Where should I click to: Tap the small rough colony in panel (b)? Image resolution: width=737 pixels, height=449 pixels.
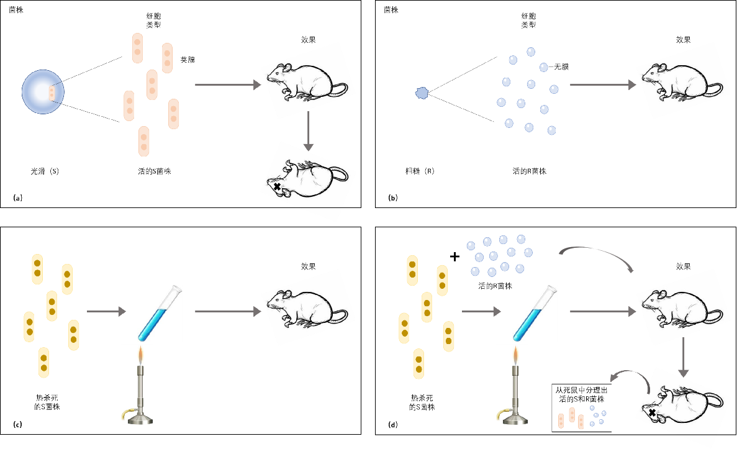point(422,93)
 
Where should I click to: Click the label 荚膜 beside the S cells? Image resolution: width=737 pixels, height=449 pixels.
point(188,60)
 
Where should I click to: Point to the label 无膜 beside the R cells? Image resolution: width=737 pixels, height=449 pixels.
point(561,66)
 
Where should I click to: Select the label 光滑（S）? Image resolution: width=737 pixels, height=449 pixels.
point(45,171)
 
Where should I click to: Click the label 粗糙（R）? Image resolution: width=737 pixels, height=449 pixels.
point(420,171)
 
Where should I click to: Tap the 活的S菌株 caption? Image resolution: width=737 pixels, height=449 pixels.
point(153,171)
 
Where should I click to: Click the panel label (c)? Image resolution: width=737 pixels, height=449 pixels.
point(17,425)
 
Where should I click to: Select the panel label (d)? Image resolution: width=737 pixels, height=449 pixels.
point(392,425)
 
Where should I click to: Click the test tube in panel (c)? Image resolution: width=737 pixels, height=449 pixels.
point(160,314)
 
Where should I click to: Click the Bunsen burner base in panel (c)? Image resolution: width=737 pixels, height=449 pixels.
point(137,417)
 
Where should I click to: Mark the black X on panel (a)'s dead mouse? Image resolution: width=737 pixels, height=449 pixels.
point(276,186)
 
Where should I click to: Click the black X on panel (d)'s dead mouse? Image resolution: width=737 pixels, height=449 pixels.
point(652,412)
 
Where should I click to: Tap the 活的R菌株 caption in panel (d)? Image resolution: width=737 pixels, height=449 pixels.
point(495,286)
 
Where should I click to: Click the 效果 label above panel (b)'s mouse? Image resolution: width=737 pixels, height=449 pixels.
point(683,40)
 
